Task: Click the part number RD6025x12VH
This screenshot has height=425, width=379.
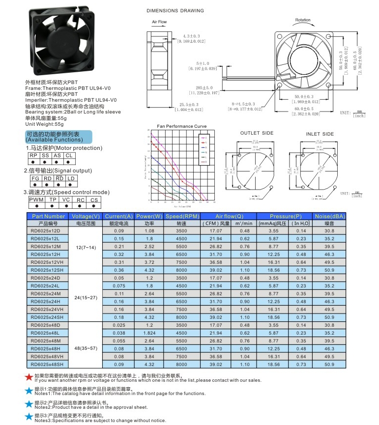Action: click(x=47, y=262)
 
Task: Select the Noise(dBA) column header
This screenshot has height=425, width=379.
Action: click(x=329, y=216)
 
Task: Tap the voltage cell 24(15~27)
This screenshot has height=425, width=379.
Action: click(x=86, y=297)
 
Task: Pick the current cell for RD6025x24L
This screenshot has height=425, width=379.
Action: click(x=119, y=285)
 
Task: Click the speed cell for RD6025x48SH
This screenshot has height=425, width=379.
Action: click(x=181, y=364)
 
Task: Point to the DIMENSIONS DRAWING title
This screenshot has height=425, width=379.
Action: click(x=175, y=10)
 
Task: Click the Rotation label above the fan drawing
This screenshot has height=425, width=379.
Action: click(x=302, y=20)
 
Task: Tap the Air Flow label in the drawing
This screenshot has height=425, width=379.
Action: click(x=159, y=22)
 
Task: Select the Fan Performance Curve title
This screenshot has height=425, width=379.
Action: click(x=181, y=126)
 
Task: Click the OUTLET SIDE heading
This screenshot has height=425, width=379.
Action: click(x=257, y=134)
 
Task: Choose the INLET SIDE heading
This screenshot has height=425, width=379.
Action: click(x=320, y=134)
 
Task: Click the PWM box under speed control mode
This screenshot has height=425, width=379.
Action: click(x=37, y=199)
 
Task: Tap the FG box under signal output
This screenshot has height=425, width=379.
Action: click(x=35, y=178)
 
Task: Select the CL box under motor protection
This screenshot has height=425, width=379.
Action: click(x=69, y=155)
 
